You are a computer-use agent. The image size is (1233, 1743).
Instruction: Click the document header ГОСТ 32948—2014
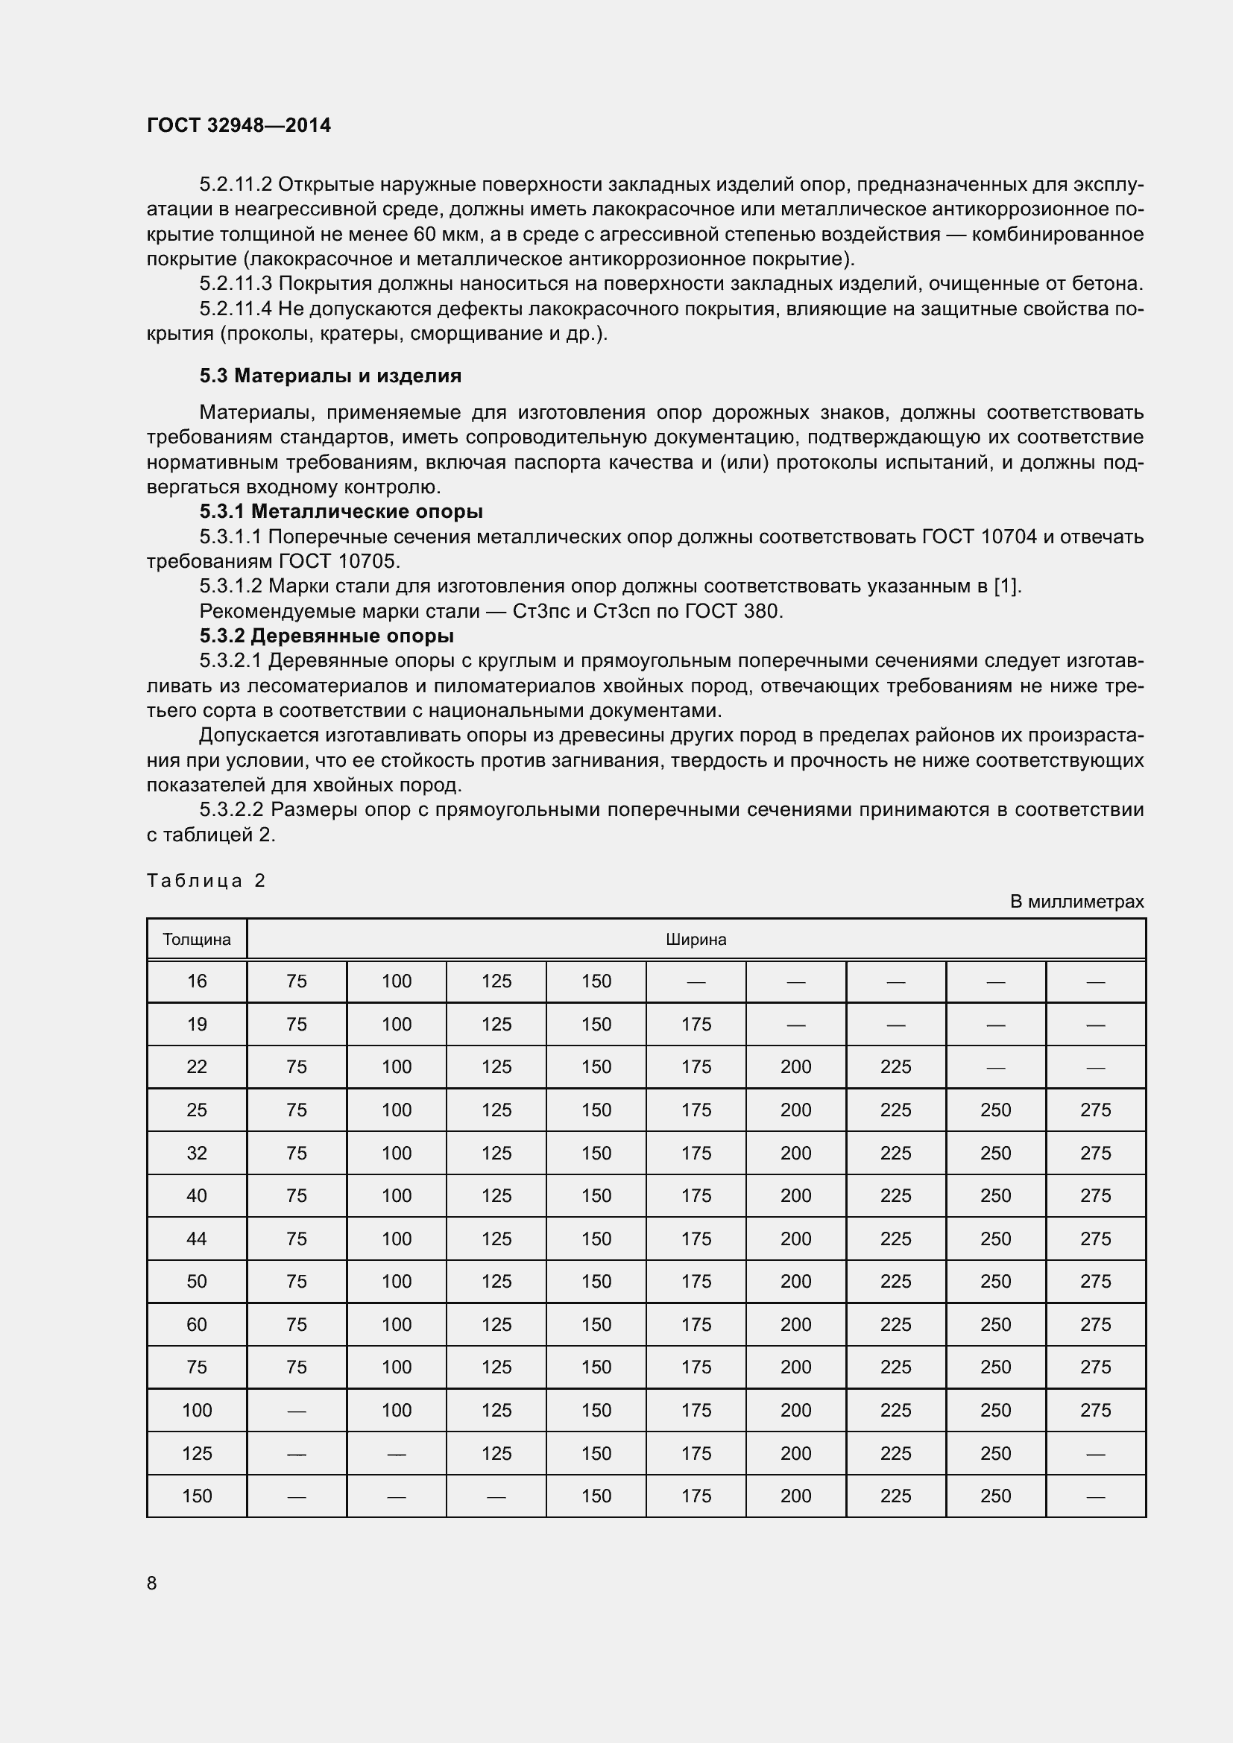point(239,125)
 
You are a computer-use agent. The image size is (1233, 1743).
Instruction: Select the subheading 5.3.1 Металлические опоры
point(341,512)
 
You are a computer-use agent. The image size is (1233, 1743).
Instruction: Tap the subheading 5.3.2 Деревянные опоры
point(327,636)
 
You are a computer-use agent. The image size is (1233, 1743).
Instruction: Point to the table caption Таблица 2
point(206,881)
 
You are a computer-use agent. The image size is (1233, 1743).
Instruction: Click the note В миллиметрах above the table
point(1076,902)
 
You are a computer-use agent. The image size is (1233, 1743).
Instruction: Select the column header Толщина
point(197,940)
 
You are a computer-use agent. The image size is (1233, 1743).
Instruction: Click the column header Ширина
point(696,940)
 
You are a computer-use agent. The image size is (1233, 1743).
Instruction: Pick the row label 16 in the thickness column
point(197,981)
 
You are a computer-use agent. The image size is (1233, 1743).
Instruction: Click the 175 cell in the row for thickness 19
point(696,1025)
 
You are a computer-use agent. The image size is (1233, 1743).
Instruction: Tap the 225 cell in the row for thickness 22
point(895,1067)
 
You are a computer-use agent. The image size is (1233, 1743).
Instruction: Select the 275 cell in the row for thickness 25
point(1095,1110)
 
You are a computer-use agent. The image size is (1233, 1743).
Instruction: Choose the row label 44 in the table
point(197,1240)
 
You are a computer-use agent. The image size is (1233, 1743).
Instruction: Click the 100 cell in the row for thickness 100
point(397,1411)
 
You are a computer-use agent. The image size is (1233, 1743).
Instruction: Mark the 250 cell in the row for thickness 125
point(994,1454)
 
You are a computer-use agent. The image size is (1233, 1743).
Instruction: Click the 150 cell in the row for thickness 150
point(596,1496)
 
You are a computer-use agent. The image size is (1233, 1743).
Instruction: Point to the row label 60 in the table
point(197,1326)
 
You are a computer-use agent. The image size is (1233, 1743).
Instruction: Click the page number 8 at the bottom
point(152,1584)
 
